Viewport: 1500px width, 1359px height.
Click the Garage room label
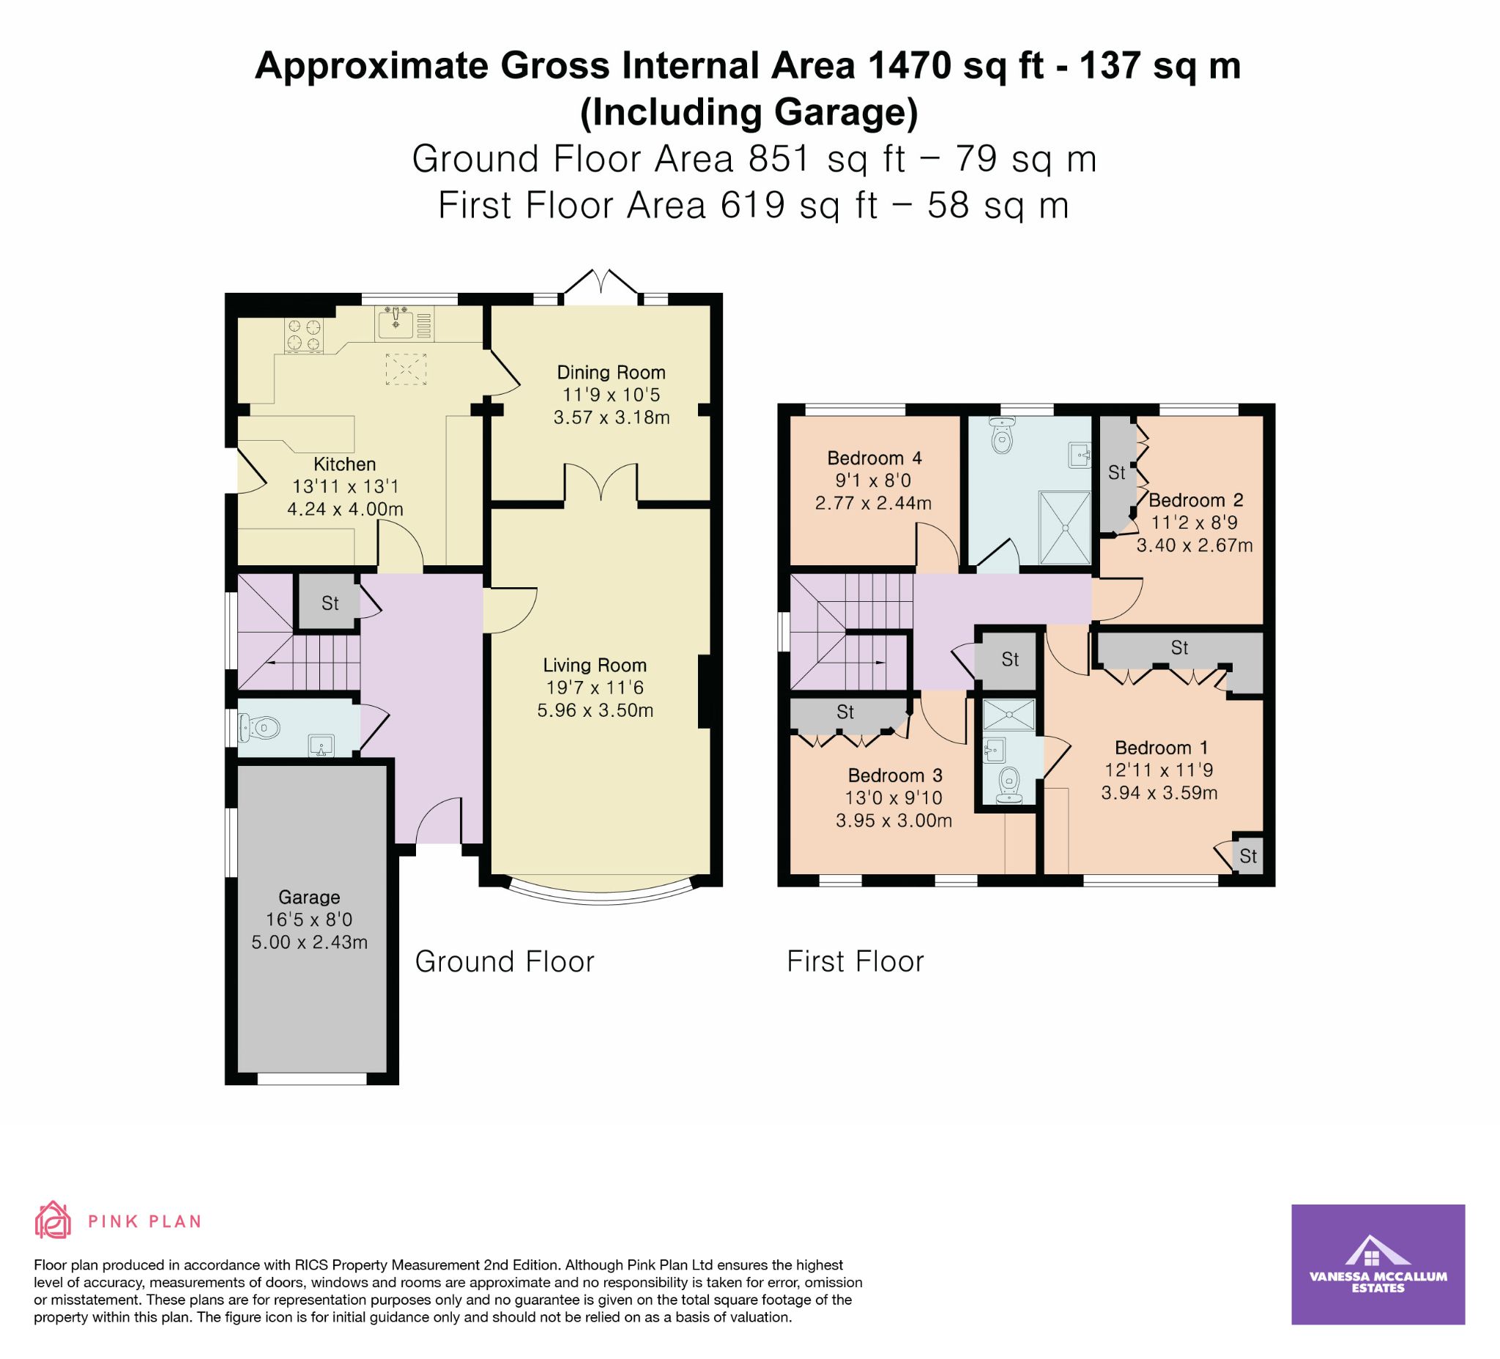click(309, 896)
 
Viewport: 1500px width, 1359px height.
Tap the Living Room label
click(595, 665)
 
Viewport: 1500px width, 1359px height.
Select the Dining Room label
click(611, 372)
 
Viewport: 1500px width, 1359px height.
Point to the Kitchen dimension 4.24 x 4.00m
click(345, 510)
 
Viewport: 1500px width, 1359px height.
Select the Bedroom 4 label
click(875, 458)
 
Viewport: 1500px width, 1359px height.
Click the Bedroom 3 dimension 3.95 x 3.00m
click(894, 821)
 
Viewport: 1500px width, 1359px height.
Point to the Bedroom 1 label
click(1161, 748)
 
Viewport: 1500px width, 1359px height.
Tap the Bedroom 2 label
click(1196, 500)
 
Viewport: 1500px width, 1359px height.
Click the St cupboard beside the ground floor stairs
click(330, 602)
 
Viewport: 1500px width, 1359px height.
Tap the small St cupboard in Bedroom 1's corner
click(1248, 856)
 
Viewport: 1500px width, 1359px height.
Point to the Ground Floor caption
click(505, 961)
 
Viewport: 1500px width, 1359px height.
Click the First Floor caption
click(855, 961)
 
